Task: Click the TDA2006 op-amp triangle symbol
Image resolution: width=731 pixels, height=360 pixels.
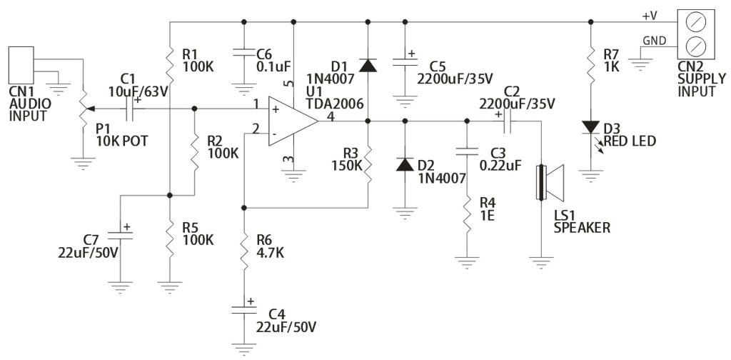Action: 293,121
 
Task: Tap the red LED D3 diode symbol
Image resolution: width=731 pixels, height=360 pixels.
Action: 590,127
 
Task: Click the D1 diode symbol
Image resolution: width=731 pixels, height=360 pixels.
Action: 368,66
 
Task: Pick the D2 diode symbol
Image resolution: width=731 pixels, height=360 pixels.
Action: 405,164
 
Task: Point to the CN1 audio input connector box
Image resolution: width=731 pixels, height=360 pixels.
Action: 21,66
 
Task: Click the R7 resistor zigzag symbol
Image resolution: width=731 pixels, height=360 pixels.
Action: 590,64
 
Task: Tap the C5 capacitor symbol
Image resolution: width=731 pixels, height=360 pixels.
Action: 405,62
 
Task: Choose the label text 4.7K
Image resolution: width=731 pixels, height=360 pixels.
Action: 271,253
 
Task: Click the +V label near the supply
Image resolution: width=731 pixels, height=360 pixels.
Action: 650,16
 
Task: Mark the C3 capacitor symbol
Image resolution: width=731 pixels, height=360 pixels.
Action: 467,151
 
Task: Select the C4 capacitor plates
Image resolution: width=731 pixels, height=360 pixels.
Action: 243,309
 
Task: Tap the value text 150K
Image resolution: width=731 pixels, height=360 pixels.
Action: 347,165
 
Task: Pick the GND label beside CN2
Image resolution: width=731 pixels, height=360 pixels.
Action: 654,40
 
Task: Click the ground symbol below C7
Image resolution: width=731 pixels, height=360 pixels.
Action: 120,287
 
